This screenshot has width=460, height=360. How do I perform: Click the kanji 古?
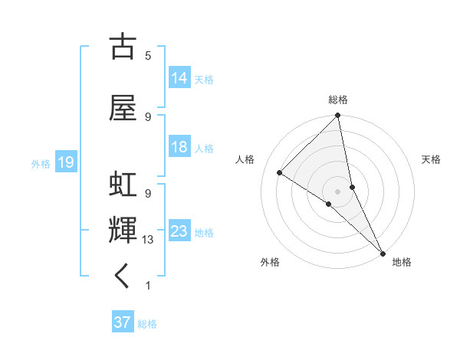[122, 47]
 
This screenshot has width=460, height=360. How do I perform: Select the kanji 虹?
[122, 186]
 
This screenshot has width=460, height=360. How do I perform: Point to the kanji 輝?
[122, 231]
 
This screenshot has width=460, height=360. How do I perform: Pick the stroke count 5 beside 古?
[148, 56]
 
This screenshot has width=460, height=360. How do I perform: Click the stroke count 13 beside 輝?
[148, 240]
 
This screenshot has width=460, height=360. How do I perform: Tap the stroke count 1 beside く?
[148, 286]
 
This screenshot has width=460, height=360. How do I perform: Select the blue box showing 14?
[179, 78]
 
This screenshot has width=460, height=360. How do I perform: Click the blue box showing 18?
[179, 147]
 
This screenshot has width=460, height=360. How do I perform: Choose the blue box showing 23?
[179, 231]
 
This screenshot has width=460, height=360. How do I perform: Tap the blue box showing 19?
[65, 162]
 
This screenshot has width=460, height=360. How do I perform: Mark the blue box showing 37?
[122, 322]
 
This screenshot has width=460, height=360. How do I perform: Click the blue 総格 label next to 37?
[147, 324]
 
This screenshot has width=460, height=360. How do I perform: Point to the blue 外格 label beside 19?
[41, 163]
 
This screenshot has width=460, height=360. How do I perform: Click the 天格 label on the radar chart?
[431, 159]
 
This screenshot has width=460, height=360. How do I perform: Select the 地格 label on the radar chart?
[402, 263]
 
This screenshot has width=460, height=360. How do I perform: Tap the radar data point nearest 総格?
[337, 116]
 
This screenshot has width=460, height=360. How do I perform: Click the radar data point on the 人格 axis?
[280, 173]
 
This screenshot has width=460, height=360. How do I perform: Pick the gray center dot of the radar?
[337, 191]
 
